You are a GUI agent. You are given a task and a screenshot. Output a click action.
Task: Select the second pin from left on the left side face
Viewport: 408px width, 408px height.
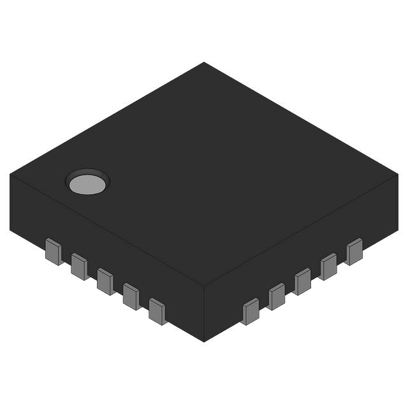pyautogui.click(x=79, y=266)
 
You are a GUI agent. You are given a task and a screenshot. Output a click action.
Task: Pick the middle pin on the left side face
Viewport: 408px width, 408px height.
pyautogui.click(x=105, y=281)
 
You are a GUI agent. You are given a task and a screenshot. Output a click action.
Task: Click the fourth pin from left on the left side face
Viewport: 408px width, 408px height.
pyautogui.click(x=131, y=296)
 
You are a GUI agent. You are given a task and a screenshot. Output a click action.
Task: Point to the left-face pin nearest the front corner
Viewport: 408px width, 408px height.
pyautogui.click(x=157, y=311)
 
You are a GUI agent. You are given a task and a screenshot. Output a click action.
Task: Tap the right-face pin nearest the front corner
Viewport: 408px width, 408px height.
pyautogui.click(x=251, y=311)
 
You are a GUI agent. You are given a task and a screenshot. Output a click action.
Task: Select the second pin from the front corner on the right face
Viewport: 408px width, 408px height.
pyautogui.click(x=277, y=296)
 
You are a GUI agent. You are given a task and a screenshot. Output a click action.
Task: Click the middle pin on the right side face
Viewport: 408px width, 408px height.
pyautogui.click(x=303, y=281)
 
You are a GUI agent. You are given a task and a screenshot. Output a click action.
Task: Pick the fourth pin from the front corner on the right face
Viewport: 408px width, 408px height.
pyautogui.click(x=328, y=266)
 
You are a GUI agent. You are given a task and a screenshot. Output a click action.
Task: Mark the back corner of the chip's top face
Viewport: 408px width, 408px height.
pyautogui.click(x=204, y=62)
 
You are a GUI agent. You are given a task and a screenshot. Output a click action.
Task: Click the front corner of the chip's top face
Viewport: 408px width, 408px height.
pyautogui.click(x=204, y=285)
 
